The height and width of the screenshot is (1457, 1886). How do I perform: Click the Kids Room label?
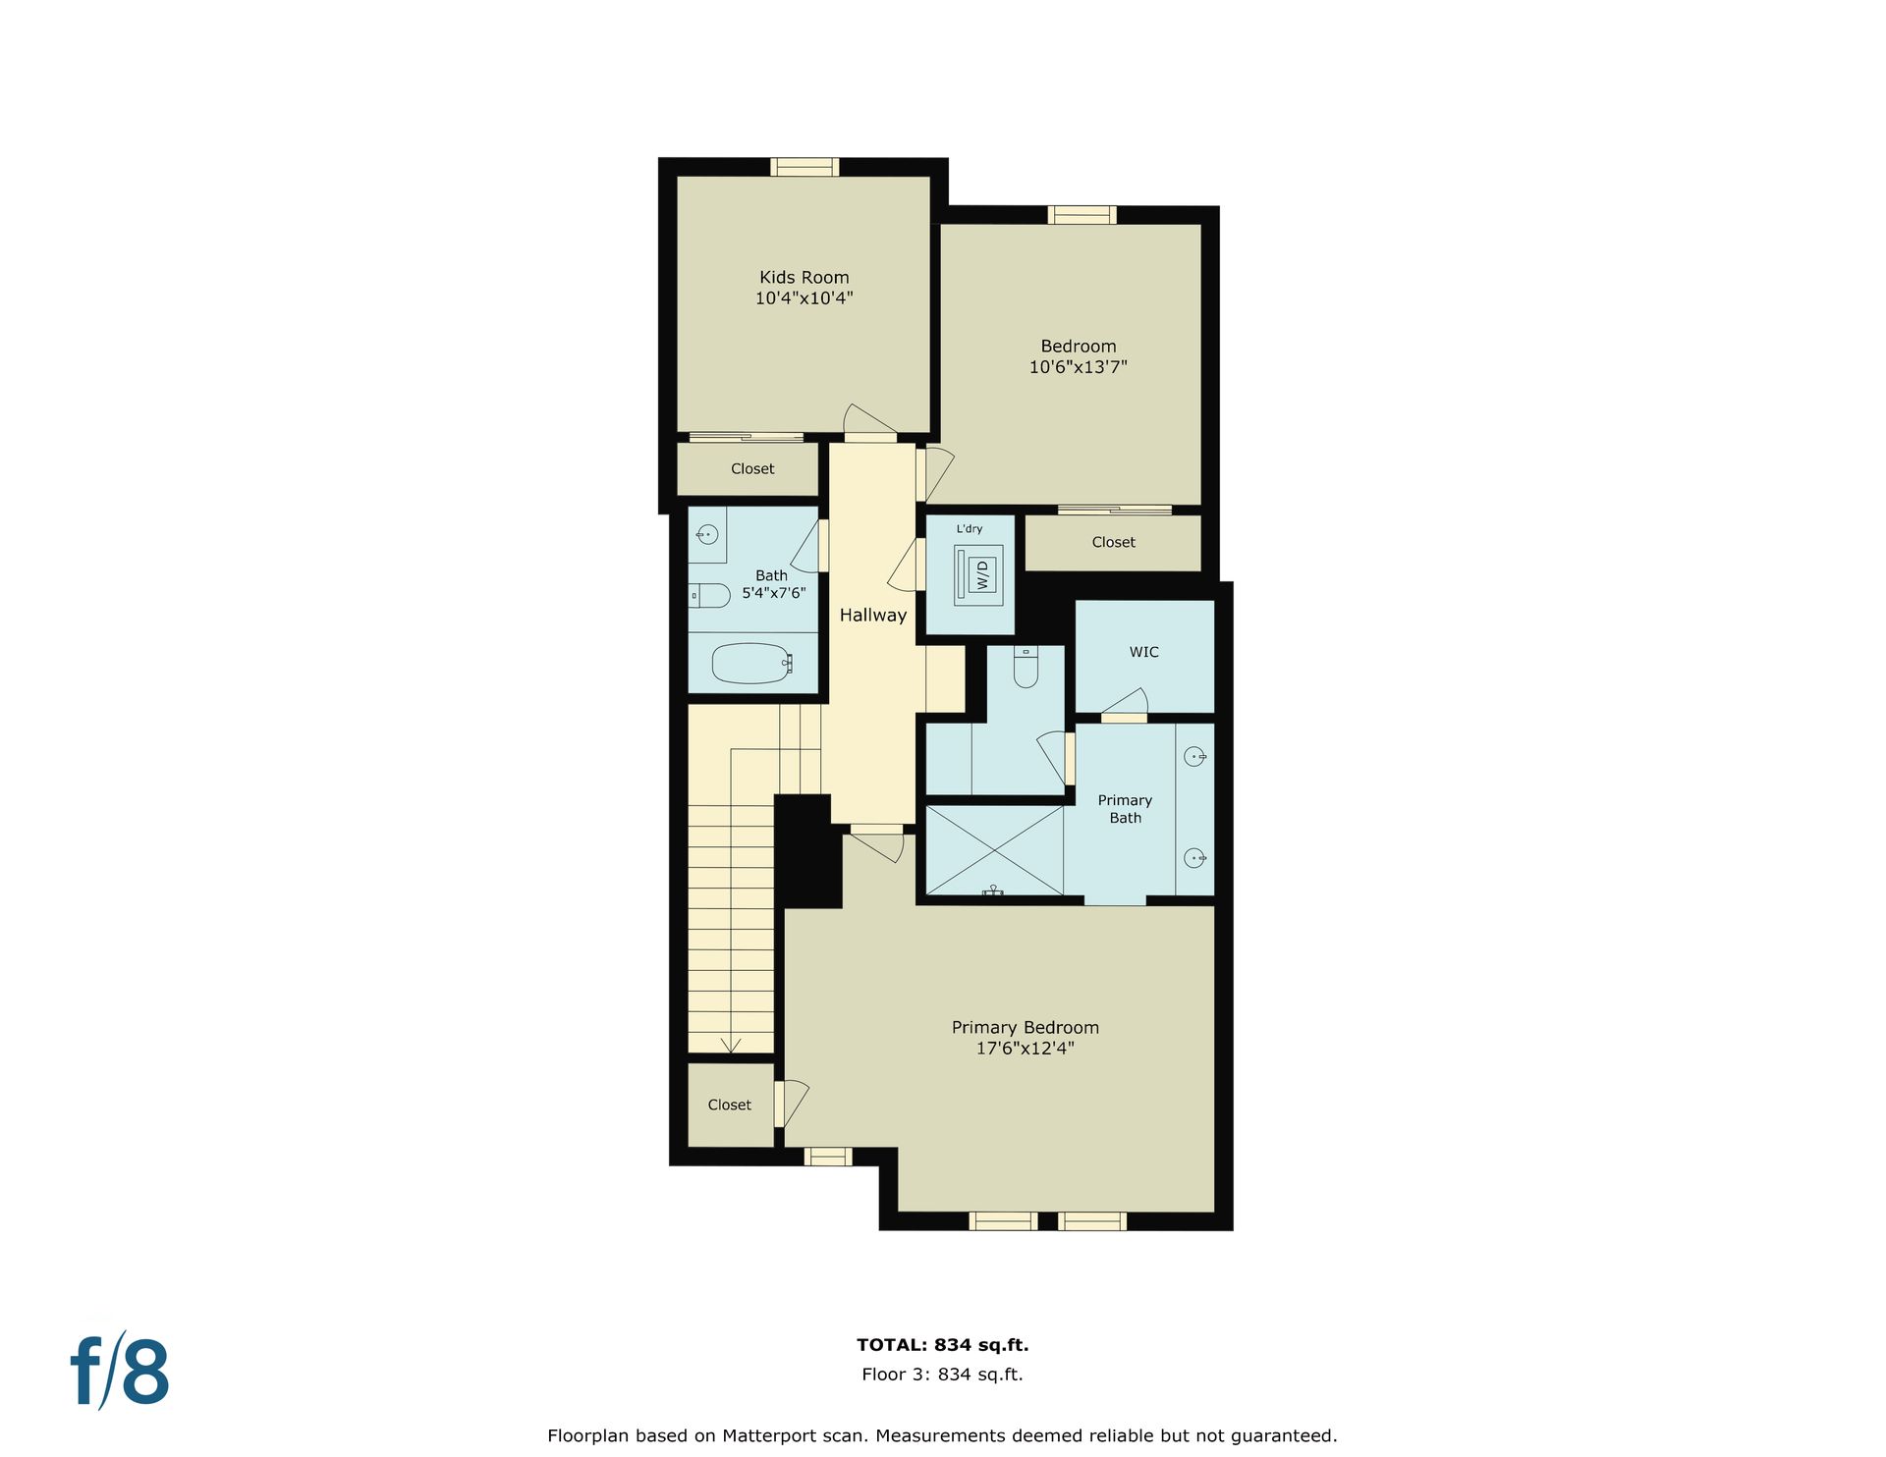coord(804,278)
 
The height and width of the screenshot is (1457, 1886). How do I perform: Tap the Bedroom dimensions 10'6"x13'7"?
coord(1078,367)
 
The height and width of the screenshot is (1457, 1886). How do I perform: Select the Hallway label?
coord(872,616)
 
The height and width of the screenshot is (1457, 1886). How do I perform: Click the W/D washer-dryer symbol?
coord(979,574)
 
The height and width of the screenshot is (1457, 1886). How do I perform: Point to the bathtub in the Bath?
coord(751,663)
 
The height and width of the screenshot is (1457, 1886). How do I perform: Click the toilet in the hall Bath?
coord(708,595)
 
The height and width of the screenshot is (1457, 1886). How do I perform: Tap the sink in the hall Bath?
coord(706,535)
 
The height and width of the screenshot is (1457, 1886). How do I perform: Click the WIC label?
coord(1143,652)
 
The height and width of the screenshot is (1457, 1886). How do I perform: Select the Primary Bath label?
coord(1125,809)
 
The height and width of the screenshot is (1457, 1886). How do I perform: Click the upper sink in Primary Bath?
coord(1194,756)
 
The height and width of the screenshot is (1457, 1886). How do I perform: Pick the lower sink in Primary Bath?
coord(1194,858)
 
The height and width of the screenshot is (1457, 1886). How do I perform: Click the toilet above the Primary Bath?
coord(1026,667)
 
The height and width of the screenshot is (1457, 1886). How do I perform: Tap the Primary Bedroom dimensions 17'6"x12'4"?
coord(1025,1049)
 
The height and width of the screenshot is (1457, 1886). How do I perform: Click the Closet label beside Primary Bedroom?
coord(729,1105)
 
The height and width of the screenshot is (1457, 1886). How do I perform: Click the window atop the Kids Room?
coord(804,167)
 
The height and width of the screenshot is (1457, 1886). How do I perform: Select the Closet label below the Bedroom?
coord(1113,542)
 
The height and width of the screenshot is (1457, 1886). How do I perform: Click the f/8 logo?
coord(120,1371)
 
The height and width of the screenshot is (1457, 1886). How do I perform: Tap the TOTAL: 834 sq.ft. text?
coord(942,1345)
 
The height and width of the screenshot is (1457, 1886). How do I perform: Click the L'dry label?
coord(970,528)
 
